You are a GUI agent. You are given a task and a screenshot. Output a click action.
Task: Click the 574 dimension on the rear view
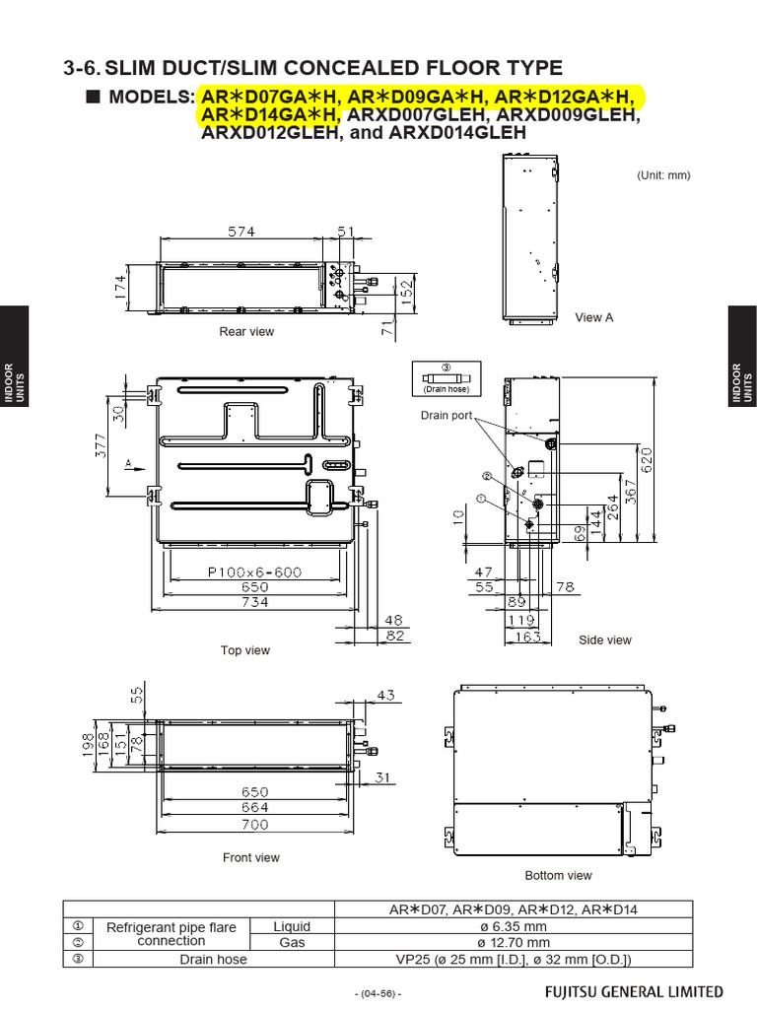click(237, 232)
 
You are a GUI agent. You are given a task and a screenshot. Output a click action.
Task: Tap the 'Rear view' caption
click(246, 332)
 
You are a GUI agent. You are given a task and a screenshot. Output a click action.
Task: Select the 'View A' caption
click(594, 317)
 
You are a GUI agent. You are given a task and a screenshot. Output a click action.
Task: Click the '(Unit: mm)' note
click(663, 175)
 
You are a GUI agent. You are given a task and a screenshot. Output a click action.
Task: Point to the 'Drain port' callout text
click(447, 416)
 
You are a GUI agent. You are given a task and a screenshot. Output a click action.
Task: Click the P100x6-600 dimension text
click(254, 572)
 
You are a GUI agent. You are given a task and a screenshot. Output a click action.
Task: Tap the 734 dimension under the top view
click(254, 602)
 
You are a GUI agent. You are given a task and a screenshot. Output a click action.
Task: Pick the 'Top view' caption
click(245, 650)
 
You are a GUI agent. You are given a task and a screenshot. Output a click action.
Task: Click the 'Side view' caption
click(604, 640)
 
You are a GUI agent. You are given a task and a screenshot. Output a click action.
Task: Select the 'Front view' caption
click(250, 858)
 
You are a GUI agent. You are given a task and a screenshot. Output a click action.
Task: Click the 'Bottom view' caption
click(558, 875)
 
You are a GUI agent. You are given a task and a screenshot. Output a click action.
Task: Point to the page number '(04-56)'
click(378, 993)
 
